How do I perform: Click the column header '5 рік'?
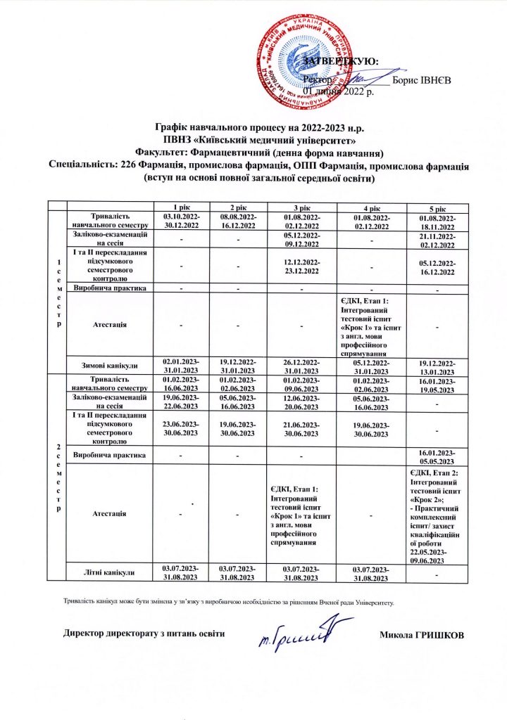[x=437, y=209]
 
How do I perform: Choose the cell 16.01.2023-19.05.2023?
[x=437, y=383]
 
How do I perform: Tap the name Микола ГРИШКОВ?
[x=422, y=636]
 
